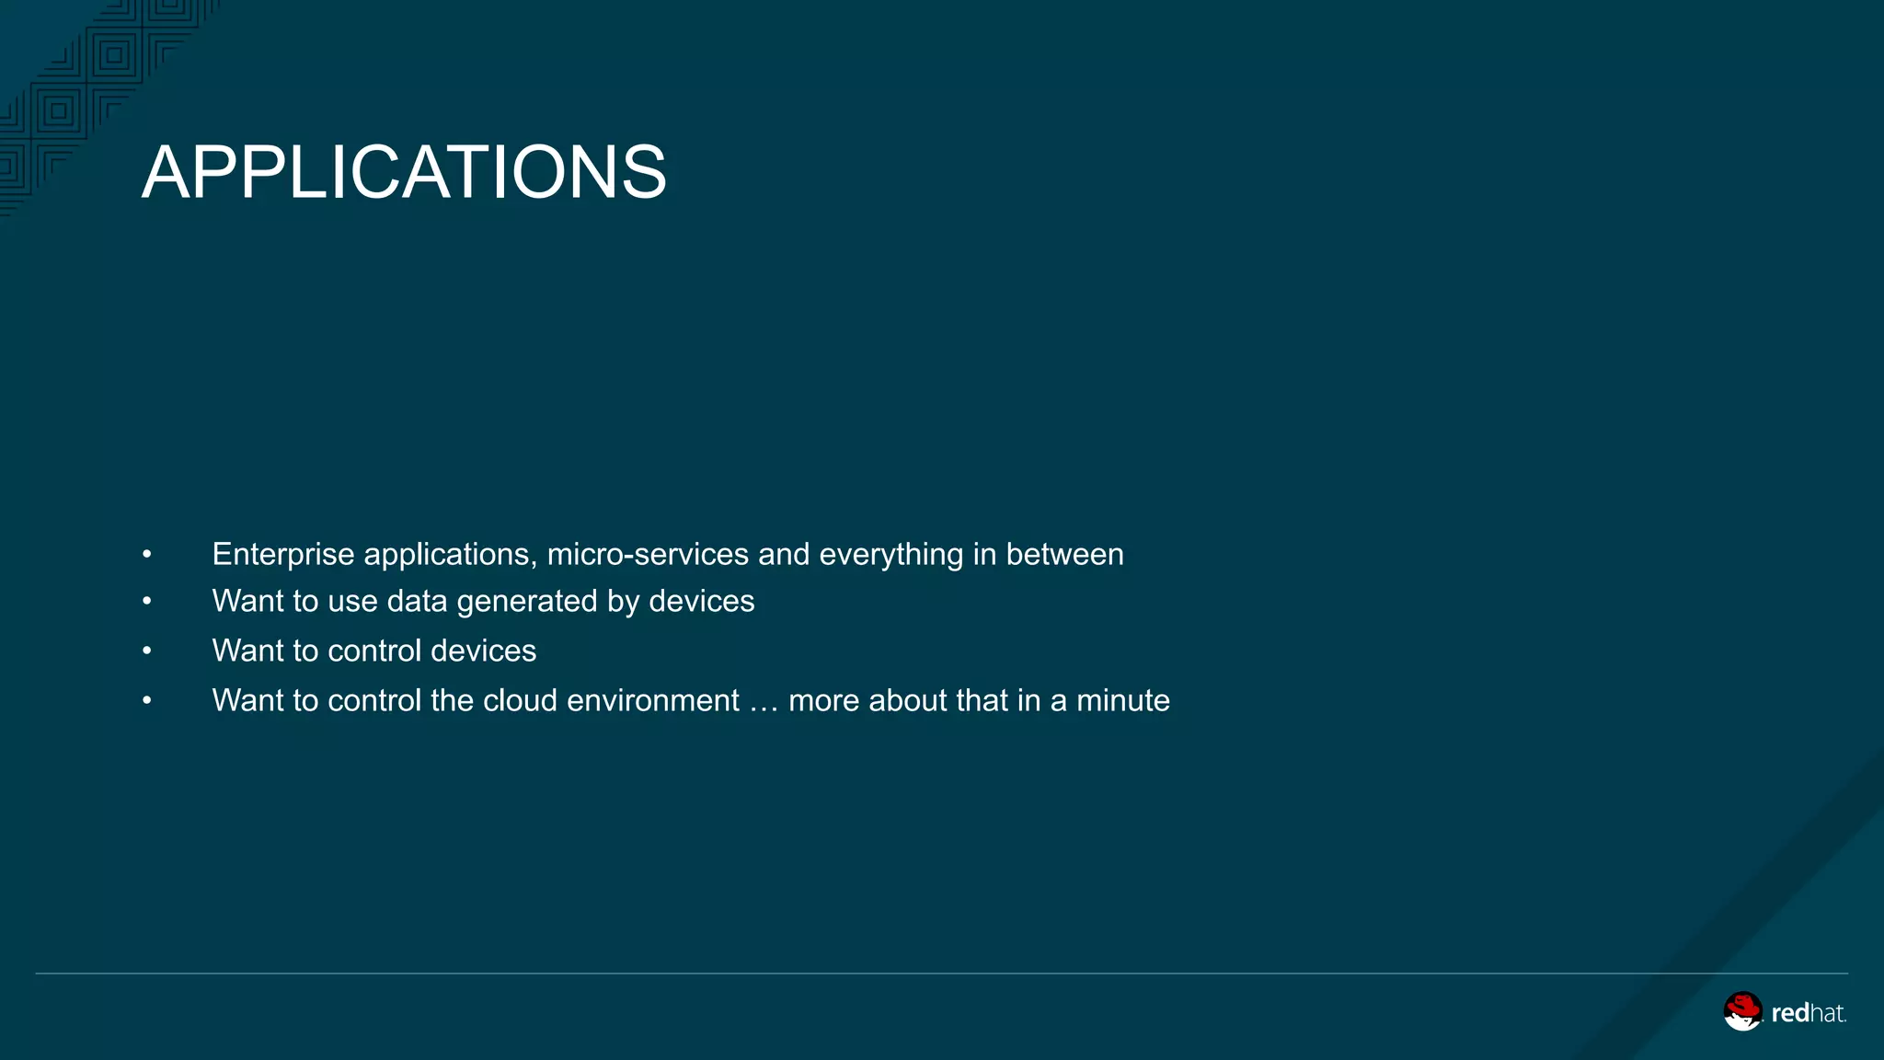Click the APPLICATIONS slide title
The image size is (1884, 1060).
[x=404, y=172]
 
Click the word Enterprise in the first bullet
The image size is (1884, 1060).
[x=283, y=555]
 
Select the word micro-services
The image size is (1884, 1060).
[x=648, y=555]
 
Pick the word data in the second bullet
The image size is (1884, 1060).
[x=417, y=602]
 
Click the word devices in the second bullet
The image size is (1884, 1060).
[x=701, y=602]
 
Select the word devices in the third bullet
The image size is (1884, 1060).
[x=483, y=651]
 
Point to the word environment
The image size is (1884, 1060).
[x=652, y=701]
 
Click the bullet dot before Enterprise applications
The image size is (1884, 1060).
[x=147, y=555]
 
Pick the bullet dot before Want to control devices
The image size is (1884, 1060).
[x=147, y=651]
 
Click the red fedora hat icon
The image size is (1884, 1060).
[x=1742, y=1010]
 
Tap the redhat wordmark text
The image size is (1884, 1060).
[x=1809, y=1013]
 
